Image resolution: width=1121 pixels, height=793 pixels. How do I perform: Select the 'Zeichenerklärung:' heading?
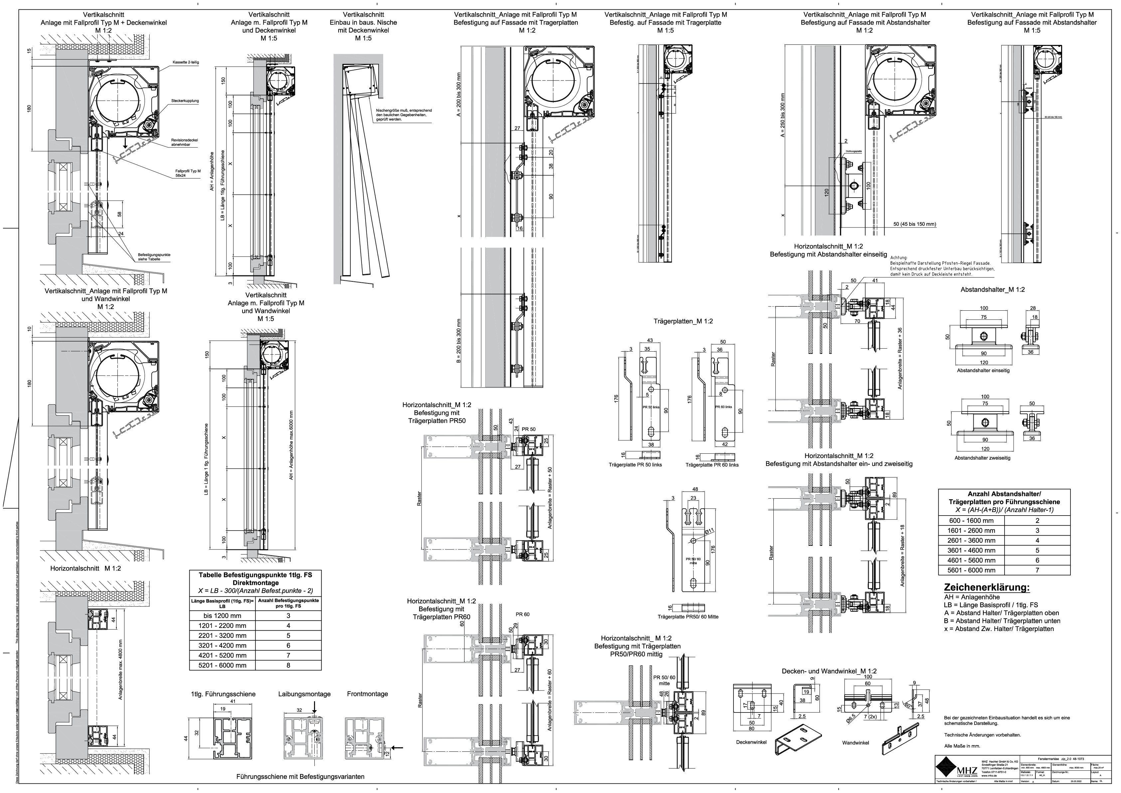pyautogui.click(x=979, y=587)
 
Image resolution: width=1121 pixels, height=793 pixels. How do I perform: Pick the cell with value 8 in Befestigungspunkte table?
pyautogui.click(x=288, y=665)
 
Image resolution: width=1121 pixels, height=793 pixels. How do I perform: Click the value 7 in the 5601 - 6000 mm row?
pyautogui.click(x=1037, y=570)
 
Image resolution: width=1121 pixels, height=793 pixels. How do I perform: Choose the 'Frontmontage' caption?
pyautogui.click(x=367, y=694)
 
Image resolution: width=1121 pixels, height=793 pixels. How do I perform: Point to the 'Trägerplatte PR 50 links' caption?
pyautogui.click(x=635, y=465)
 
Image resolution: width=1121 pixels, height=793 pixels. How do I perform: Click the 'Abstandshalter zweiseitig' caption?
pyautogui.click(x=982, y=458)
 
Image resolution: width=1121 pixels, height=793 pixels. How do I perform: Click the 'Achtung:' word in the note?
pyautogui.click(x=899, y=257)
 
